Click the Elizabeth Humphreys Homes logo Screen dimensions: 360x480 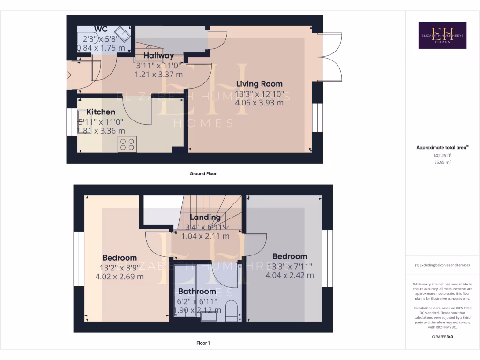click(x=442, y=35)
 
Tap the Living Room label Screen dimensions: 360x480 click(x=259, y=84)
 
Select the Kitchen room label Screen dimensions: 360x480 click(x=101, y=112)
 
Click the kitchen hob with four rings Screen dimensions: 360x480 click(x=127, y=144)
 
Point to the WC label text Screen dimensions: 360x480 click(x=101, y=29)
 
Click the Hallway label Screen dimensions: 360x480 click(x=158, y=56)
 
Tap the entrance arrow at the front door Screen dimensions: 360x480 click(x=68, y=75)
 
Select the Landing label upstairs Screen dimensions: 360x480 click(x=205, y=217)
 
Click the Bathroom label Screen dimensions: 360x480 click(x=196, y=292)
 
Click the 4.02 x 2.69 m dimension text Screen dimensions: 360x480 click(x=120, y=277)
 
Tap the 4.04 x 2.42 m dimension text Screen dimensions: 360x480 click(x=290, y=275)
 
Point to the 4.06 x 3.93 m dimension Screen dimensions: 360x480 click(x=259, y=102)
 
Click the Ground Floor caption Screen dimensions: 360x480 click(x=203, y=173)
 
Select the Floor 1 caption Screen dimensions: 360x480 click(x=203, y=343)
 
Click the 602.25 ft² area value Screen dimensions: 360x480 click(x=442, y=155)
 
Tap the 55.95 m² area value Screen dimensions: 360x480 click(x=442, y=162)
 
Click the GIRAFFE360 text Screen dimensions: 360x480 click(x=442, y=337)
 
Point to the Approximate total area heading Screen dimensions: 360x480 click(x=442, y=148)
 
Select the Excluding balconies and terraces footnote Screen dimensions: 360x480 click(x=442, y=265)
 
